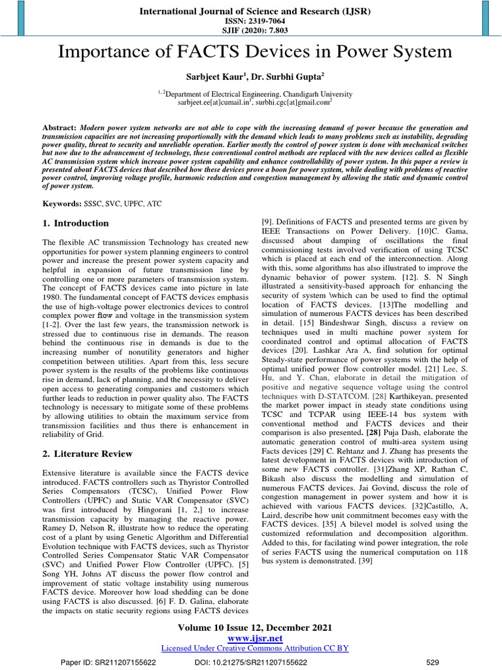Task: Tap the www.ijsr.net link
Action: click(254, 637)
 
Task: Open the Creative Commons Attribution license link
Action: click(254, 648)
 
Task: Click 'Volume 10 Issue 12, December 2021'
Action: click(254, 627)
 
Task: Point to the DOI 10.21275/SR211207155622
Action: click(255, 661)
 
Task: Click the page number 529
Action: click(432, 661)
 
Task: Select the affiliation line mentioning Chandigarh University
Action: click(254, 94)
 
